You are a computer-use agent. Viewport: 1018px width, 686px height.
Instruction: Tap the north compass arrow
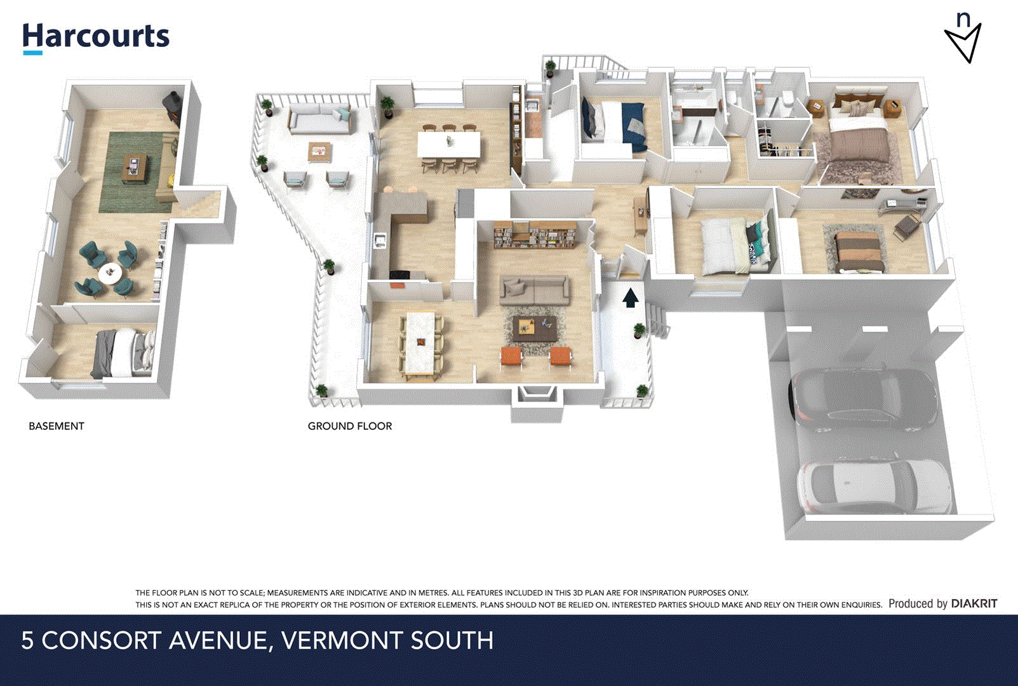point(963,41)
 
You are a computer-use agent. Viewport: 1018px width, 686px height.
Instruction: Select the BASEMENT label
point(56,426)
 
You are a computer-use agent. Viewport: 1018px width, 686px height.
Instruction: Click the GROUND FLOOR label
point(349,426)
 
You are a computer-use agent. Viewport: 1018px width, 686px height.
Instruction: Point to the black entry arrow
point(629,297)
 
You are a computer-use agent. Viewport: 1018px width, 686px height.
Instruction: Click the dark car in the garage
point(864,400)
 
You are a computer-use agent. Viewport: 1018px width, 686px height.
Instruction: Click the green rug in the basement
point(137,171)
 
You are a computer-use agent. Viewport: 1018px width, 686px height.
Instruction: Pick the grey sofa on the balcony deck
point(319,119)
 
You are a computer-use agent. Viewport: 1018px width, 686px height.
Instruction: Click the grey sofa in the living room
point(534,291)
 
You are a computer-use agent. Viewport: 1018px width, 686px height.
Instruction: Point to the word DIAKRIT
point(974,603)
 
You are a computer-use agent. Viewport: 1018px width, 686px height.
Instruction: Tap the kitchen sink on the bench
point(380,239)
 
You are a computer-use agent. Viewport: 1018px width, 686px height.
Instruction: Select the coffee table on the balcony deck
point(319,151)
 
